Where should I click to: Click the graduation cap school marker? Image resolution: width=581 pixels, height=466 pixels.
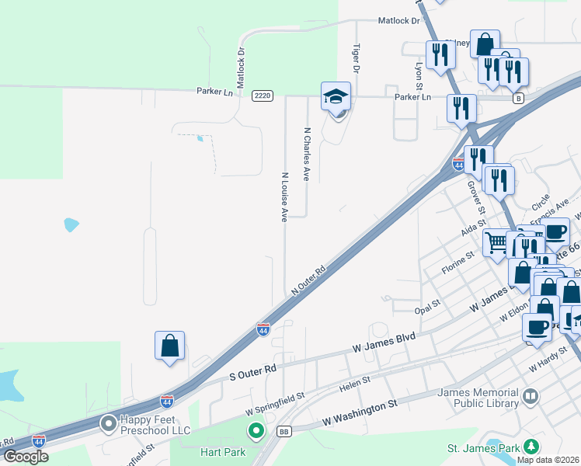(336, 98)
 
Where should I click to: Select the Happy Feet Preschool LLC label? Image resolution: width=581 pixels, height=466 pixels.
(155, 424)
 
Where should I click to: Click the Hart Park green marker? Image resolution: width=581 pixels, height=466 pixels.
(256, 430)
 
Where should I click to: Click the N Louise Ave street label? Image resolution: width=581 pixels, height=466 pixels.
(285, 197)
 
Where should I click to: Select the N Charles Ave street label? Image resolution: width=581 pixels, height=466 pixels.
(307, 155)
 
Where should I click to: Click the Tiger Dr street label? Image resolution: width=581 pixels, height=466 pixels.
(357, 59)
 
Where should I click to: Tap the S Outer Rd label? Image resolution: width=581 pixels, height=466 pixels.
(253, 371)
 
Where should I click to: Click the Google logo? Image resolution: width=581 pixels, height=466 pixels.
(26, 457)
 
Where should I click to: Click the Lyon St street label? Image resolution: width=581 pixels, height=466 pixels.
(419, 76)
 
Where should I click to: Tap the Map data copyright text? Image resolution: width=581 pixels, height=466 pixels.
(548, 460)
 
